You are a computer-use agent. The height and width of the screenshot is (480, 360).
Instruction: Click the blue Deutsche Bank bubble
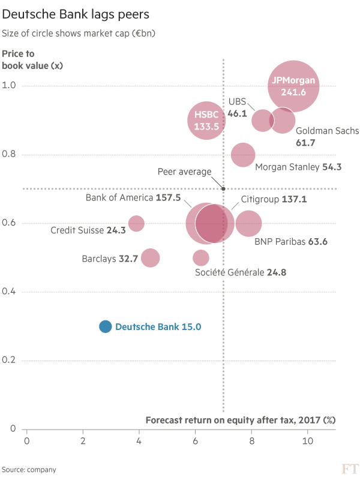[106, 326]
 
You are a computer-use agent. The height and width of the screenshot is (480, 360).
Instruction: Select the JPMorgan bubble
[293, 86]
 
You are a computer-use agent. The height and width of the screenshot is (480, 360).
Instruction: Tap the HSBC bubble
[206, 121]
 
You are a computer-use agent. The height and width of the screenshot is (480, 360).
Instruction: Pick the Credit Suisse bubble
[137, 223]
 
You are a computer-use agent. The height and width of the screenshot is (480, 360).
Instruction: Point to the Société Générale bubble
[201, 258]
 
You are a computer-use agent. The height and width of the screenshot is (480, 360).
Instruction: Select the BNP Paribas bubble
[249, 223]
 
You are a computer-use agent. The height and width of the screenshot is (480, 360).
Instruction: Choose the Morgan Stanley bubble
[242, 155]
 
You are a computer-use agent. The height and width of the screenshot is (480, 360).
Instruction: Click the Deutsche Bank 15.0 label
[158, 327]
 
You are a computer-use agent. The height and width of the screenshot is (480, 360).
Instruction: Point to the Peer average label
[184, 172]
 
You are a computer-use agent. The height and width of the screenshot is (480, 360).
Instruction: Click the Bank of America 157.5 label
[133, 197]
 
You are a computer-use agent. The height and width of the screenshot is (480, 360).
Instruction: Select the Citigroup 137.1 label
[274, 199]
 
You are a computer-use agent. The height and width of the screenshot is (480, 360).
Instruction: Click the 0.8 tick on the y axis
[10, 155]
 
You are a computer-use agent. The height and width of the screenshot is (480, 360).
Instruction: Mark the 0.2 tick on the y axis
[10, 361]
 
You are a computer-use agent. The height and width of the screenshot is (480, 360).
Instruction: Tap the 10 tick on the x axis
[308, 441]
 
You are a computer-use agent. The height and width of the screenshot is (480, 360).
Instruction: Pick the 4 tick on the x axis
[139, 441]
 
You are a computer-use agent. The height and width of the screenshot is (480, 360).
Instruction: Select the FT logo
[349, 468]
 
